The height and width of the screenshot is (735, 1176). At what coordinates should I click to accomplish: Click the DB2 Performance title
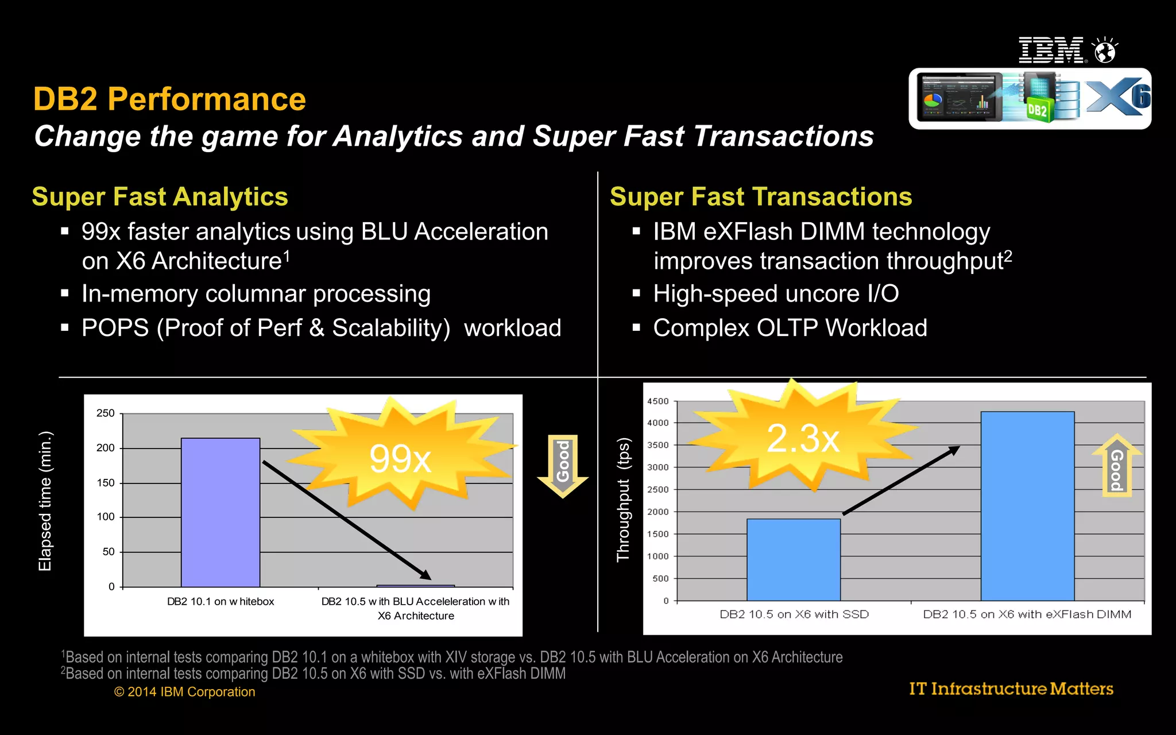(169, 99)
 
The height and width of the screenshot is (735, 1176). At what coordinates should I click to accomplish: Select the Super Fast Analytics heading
(160, 196)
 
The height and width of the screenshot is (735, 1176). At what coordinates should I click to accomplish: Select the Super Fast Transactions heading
(761, 196)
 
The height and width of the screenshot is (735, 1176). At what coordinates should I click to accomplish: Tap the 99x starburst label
(400, 458)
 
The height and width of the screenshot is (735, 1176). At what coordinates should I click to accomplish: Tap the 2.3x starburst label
(803, 438)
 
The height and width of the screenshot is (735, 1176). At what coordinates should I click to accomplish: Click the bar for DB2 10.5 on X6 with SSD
(794, 559)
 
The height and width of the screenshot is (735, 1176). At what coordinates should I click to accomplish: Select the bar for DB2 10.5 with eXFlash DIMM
(1027, 505)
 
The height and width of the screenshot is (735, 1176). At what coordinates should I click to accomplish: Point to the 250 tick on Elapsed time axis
(106, 413)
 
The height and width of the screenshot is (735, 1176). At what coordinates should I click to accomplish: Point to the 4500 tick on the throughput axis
(658, 401)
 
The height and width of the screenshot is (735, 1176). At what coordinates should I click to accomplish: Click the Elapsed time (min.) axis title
(45, 501)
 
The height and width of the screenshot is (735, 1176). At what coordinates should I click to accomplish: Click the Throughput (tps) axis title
(623, 500)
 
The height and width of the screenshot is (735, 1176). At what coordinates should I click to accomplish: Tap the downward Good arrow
(563, 464)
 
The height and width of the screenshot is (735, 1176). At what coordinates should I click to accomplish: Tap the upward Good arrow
(1117, 466)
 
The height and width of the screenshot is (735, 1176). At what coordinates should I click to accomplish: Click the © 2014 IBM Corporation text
(184, 692)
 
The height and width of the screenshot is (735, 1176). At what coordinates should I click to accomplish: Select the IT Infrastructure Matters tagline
(1011, 688)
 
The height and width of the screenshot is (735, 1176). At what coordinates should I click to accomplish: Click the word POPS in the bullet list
(115, 328)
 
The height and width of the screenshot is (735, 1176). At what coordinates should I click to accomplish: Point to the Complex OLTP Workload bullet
(790, 328)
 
